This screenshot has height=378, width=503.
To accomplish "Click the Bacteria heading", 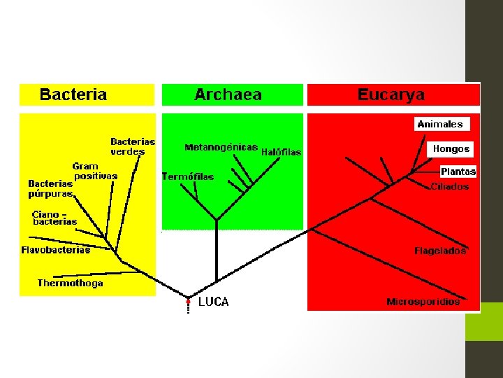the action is pyautogui.click(x=73, y=94).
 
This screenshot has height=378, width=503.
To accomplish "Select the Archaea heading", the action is pyautogui.click(x=228, y=94).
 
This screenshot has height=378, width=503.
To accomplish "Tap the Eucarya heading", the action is pyautogui.click(x=391, y=94).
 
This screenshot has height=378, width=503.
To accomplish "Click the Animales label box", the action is pyautogui.click(x=440, y=124).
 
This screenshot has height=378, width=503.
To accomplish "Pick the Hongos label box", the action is pyautogui.click(x=451, y=149).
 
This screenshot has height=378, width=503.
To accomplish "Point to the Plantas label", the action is pyautogui.click(x=458, y=171).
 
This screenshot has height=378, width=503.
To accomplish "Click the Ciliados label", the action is pyautogui.click(x=450, y=187).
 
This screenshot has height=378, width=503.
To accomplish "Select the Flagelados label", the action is pyautogui.click(x=440, y=250).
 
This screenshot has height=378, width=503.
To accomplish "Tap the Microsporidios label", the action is pyautogui.click(x=423, y=302).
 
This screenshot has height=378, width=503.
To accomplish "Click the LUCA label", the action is pyautogui.click(x=213, y=302).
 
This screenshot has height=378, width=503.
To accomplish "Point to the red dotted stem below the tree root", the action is pyautogui.click(x=188, y=306).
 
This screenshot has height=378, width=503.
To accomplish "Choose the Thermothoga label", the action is pyautogui.click(x=70, y=283).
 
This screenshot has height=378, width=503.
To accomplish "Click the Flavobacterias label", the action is pyautogui.click(x=56, y=250).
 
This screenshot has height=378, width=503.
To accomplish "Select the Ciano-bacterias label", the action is pyautogui.click(x=54, y=218).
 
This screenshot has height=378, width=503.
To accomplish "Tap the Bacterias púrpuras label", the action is pyautogui.click(x=50, y=188).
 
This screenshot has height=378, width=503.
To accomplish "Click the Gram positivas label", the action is pyautogui.click(x=94, y=171).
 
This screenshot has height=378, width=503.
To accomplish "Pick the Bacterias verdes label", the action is pyautogui.click(x=133, y=146).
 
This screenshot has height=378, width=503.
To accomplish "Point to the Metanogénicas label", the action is pyautogui.click(x=221, y=148).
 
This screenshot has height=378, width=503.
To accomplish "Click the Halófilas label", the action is pyautogui.click(x=281, y=152).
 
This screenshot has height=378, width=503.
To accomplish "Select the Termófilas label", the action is pyautogui.click(x=188, y=177).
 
